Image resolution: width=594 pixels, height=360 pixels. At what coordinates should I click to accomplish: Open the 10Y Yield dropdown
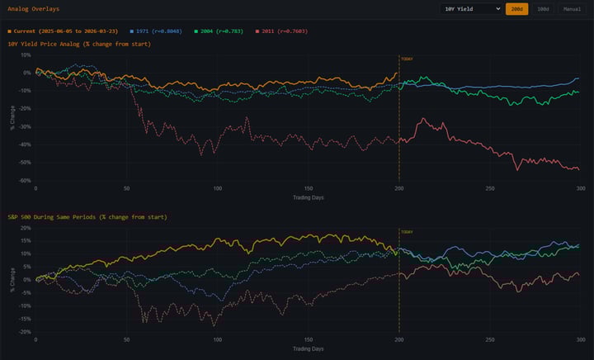(470, 8)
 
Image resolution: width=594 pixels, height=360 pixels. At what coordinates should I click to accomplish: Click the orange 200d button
(516, 8)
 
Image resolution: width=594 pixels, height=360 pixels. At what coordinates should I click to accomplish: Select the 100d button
(542, 8)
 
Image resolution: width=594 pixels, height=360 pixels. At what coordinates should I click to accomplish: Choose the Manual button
(572, 8)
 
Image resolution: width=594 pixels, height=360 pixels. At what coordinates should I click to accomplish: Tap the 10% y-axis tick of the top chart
(26, 54)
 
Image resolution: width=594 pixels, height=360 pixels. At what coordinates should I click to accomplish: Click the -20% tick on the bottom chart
(24, 332)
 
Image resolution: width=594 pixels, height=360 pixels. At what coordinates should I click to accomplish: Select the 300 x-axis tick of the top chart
(580, 189)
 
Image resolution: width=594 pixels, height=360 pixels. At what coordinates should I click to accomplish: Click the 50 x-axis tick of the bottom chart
(126, 340)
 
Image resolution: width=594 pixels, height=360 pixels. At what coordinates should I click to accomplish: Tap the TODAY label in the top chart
(407, 59)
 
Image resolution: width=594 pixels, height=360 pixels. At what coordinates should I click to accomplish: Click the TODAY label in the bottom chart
(407, 233)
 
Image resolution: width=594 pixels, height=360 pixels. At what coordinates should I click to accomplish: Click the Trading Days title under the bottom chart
(307, 349)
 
